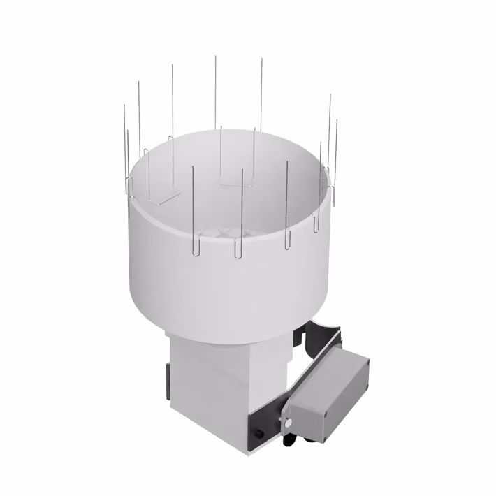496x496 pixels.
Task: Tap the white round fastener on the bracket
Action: click(x=286, y=422)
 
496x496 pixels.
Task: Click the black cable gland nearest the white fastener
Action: click(x=287, y=439)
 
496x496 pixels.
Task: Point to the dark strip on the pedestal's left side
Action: click(x=168, y=381)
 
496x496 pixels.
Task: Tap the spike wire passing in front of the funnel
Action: click(x=242, y=210)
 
